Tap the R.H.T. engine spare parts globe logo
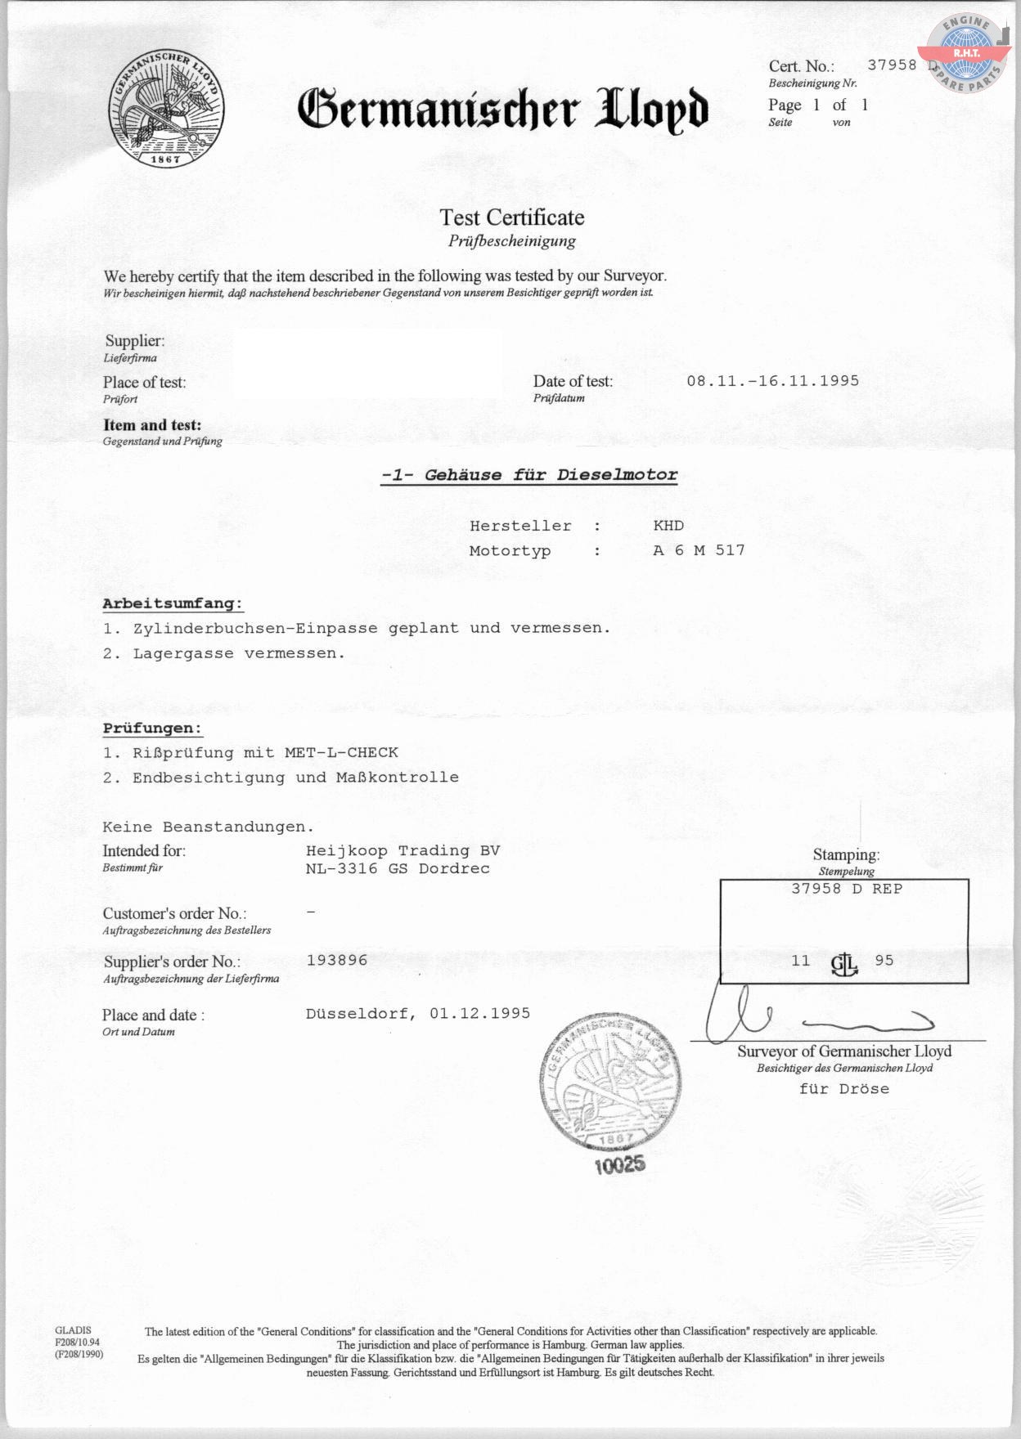(x=966, y=54)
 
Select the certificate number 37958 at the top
(x=892, y=65)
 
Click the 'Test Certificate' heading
(x=512, y=217)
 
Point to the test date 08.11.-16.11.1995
(x=772, y=381)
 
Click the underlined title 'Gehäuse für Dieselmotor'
(x=529, y=475)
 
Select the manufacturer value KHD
(x=668, y=526)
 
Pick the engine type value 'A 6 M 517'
(x=699, y=550)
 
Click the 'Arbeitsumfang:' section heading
(x=173, y=604)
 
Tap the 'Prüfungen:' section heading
(x=152, y=728)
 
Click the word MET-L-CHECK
(x=341, y=752)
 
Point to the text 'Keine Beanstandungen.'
(x=209, y=827)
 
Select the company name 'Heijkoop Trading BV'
(x=403, y=850)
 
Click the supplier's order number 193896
(x=337, y=960)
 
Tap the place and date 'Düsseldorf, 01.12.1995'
(x=418, y=1014)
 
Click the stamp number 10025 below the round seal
(x=619, y=1164)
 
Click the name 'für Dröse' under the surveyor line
(x=843, y=1089)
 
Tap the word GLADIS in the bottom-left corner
(x=74, y=1330)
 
